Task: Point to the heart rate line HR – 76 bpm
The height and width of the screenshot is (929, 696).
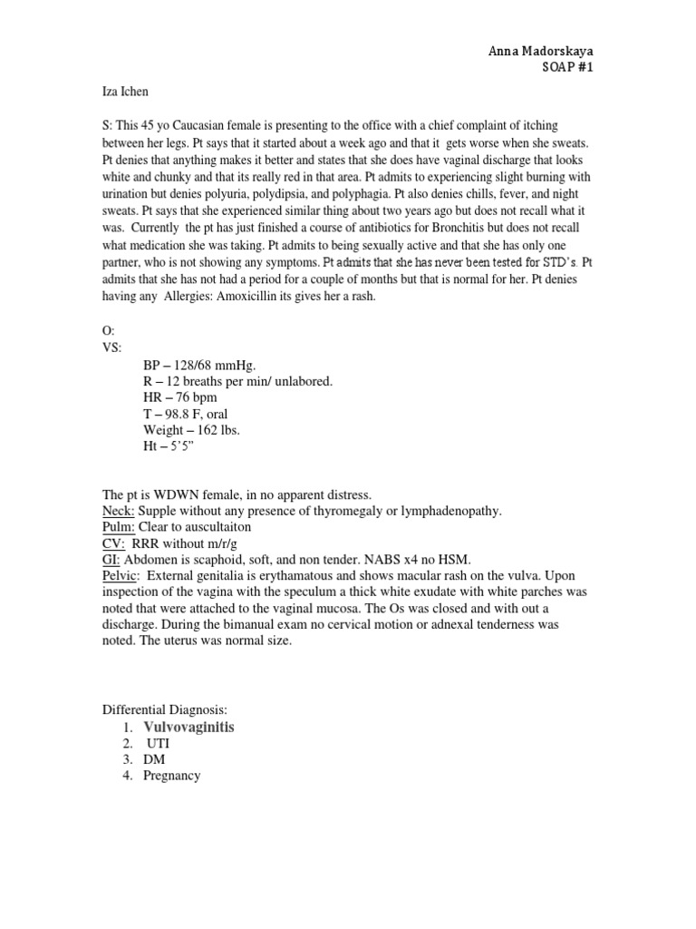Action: coord(179,397)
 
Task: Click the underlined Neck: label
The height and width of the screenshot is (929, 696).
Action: coord(118,511)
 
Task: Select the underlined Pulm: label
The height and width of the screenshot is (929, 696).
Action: coord(119,527)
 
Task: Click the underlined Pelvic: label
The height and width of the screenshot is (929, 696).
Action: coord(121,576)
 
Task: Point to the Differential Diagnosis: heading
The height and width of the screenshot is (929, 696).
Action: coord(164,710)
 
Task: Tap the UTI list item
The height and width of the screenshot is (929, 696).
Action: coord(158,743)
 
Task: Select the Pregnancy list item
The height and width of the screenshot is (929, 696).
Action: coord(171,776)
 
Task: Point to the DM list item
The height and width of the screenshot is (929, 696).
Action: coord(154,759)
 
